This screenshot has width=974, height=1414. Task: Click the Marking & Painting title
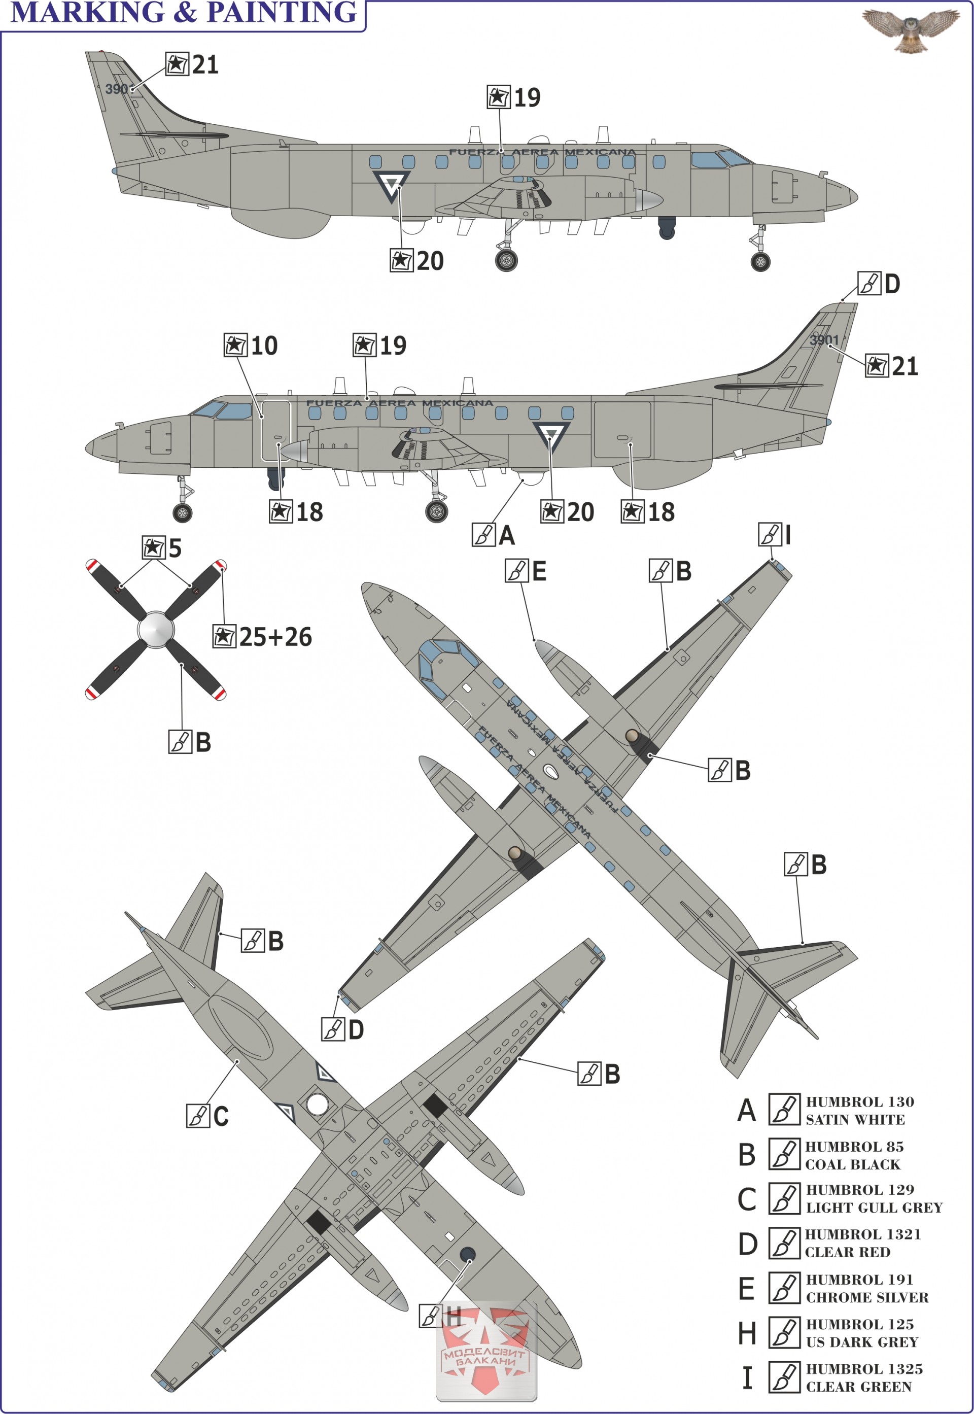coord(184,12)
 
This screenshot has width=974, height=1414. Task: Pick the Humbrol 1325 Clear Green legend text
coord(863,1377)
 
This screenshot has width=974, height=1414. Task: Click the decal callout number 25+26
coord(275,637)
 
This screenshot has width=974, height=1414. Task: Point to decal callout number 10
coord(264,346)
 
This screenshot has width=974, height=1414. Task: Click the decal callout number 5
coord(175,548)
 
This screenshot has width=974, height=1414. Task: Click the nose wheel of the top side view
coord(760,262)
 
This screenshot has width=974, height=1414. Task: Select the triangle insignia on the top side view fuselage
coord(391,184)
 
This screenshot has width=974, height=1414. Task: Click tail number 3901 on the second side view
coord(824,340)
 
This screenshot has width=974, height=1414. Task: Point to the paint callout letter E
coord(539,572)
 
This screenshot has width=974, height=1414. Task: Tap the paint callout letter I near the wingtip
coord(788,535)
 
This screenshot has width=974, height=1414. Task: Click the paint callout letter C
coord(220,1116)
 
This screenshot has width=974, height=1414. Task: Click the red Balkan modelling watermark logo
coord(486,1356)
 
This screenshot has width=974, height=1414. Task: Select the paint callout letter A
coord(506,535)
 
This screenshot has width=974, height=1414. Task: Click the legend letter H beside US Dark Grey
coord(747,1333)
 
